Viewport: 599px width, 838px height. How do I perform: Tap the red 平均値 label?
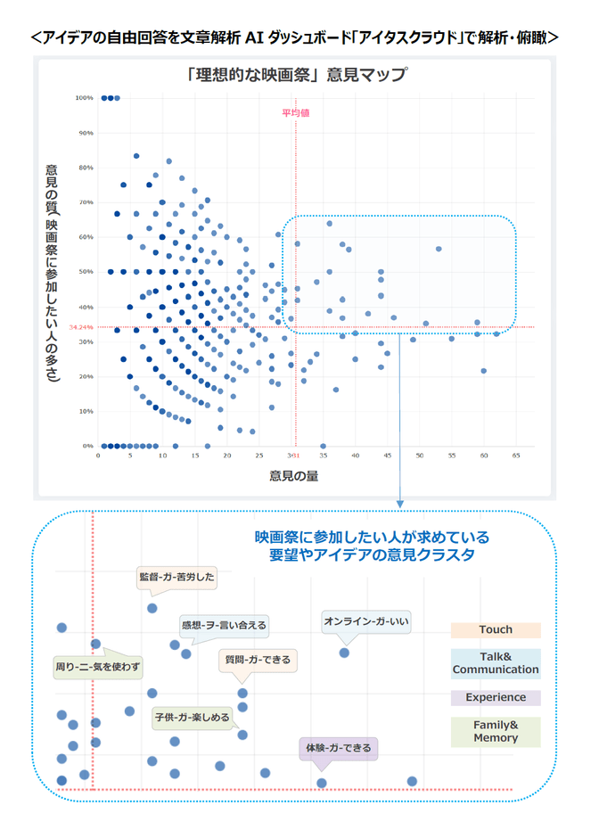coord(295,113)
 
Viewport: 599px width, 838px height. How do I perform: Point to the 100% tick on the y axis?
coord(85,98)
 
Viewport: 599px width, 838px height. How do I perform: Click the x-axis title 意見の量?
coord(294,475)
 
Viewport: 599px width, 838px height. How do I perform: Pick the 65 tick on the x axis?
coord(516,456)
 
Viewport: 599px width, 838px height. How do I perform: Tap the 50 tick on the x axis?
coord(420,456)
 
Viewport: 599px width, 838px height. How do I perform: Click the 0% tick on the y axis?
coord(88,446)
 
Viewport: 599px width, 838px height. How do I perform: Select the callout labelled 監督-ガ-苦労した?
coord(177,576)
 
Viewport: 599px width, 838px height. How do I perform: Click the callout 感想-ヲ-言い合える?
coord(223,625)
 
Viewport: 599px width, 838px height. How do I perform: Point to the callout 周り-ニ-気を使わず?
coord(97,666)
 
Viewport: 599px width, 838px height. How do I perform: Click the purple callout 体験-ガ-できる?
coord(338,747)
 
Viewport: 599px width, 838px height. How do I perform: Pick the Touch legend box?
coord(496,629)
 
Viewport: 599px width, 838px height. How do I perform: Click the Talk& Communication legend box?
coord(496,662)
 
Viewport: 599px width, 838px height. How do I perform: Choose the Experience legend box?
coord(496,698)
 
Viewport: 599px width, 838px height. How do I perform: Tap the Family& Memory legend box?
coord(496,731)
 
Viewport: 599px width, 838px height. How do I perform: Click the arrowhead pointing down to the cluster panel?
coord(399,505)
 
